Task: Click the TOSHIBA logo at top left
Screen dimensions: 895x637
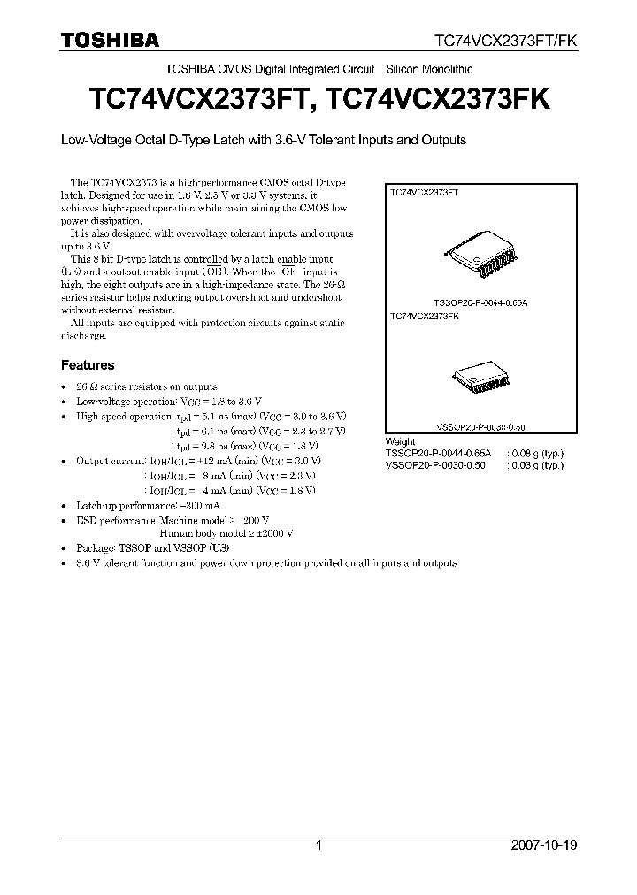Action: [110, 39]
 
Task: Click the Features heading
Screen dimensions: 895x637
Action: [87, 364]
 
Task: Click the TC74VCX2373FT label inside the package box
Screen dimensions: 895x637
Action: [425, 191]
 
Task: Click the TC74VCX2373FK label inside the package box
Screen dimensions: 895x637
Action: [425, 315]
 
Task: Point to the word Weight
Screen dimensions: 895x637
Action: [401, 440]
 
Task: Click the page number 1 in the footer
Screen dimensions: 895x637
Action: [318, 845]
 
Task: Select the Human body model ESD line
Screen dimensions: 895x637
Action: [226, 533]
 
